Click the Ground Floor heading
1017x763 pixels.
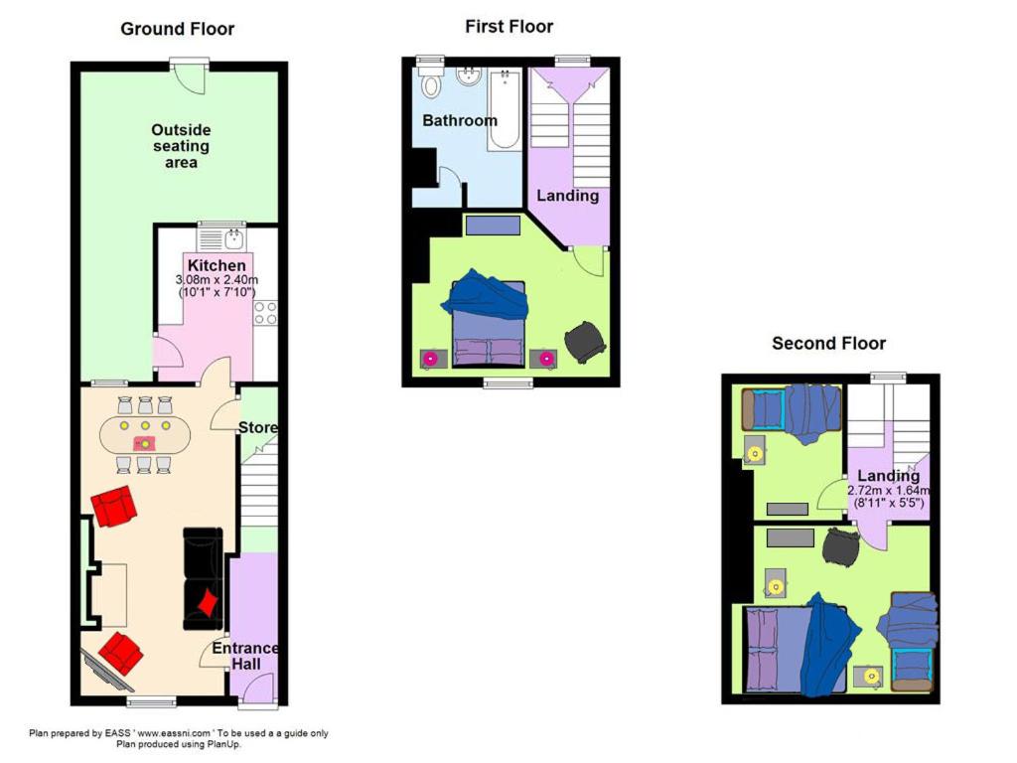click(x=177, y=29)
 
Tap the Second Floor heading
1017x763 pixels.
click(x=828, y=343)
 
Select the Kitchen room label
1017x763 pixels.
click(x=217, y=265)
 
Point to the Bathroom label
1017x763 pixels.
click(x=460, y=120)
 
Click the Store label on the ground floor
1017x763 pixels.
click(x=257, y=427)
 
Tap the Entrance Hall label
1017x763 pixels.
click(x=245, y=656)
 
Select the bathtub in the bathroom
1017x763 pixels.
click(x=505, y=109)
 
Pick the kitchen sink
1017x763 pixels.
click(x=234, y=239)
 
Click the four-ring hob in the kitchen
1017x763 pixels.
click(x=265, y=313)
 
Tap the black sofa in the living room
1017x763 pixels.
click(x=203, y=579)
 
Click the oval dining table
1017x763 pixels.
click(x=145, y=435)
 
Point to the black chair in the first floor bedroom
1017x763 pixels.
click(x=585, y=341)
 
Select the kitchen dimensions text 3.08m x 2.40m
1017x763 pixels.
click(x=217, y=280)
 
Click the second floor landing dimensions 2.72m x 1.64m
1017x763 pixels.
click(x=889, y=491)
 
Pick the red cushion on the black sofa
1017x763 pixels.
click(x=208, y=601)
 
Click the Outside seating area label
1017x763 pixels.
click(x=181, y=146)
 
